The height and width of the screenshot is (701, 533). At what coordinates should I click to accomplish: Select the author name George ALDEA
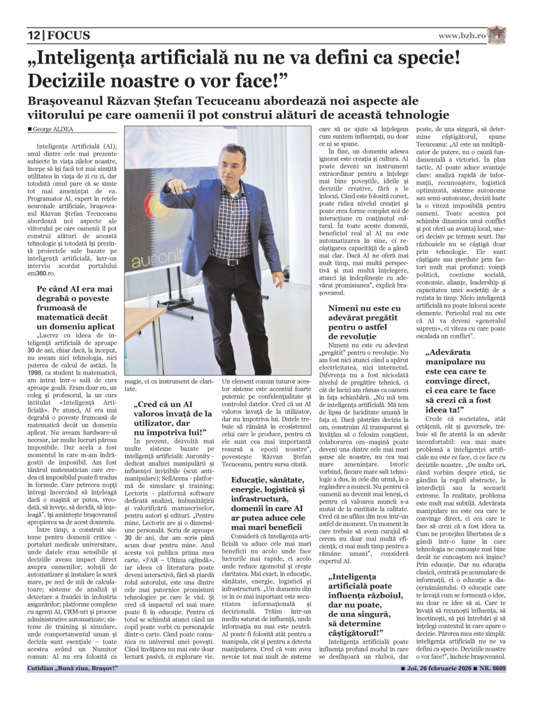click(53, 130)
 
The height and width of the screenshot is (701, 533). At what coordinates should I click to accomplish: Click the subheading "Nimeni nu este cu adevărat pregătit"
click(364, 322)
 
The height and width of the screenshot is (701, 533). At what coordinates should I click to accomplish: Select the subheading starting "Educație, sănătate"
click(268, 499)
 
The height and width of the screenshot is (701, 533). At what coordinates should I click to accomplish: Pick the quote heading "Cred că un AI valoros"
click(173, 419)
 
